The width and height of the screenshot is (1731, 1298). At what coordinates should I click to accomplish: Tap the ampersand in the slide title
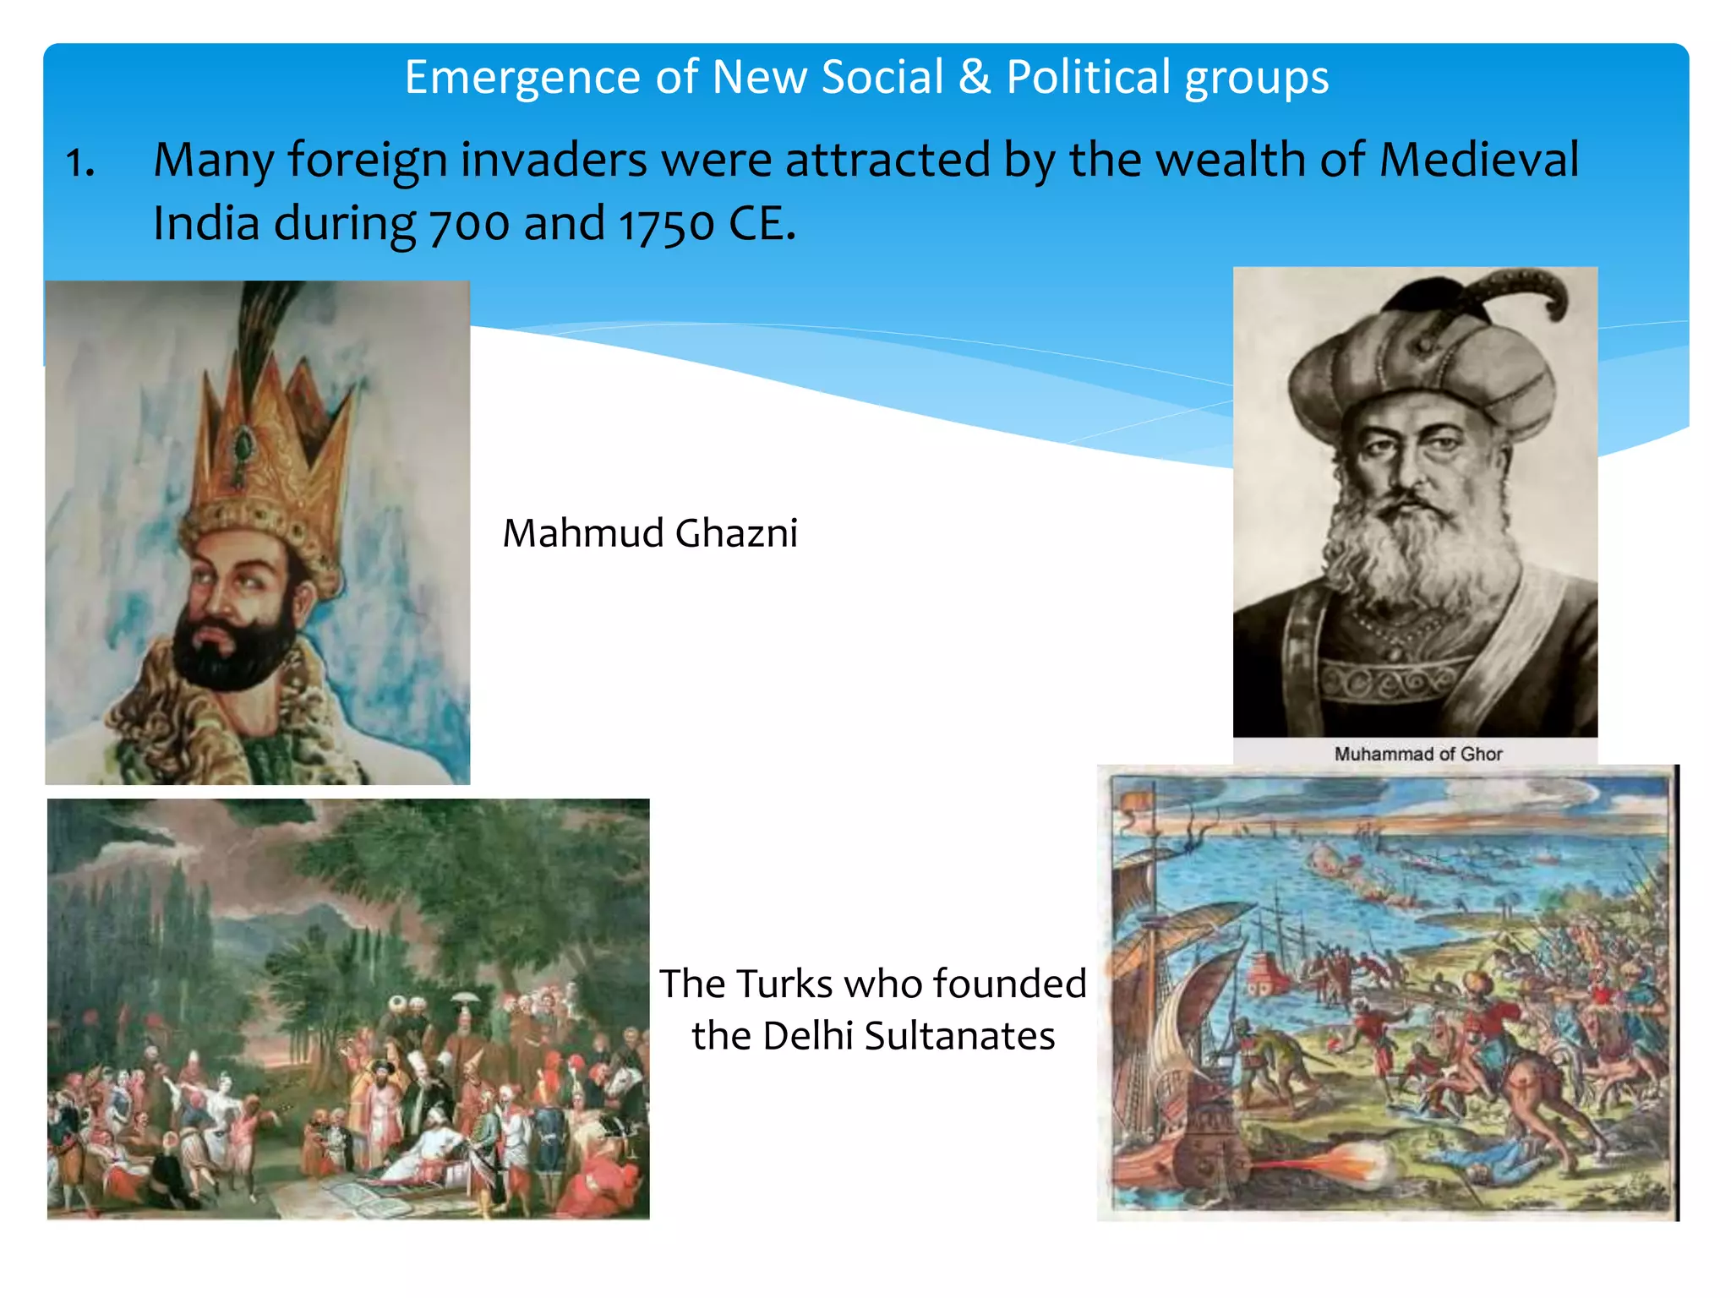click(x=975, y=78)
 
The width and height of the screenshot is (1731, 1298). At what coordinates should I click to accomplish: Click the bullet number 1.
click(x=79, y=162)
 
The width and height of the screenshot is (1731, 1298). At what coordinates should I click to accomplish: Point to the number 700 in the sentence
click(x=469, y=225)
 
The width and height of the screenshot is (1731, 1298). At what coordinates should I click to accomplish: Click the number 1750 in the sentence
click(x=667, y=225)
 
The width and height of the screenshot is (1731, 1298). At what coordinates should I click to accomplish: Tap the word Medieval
click(x=1478, y=160)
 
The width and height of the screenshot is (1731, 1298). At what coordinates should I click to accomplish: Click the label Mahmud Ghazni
click(x=650, y=534)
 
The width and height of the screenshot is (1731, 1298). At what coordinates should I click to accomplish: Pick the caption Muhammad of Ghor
click(x=1417, y=754)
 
